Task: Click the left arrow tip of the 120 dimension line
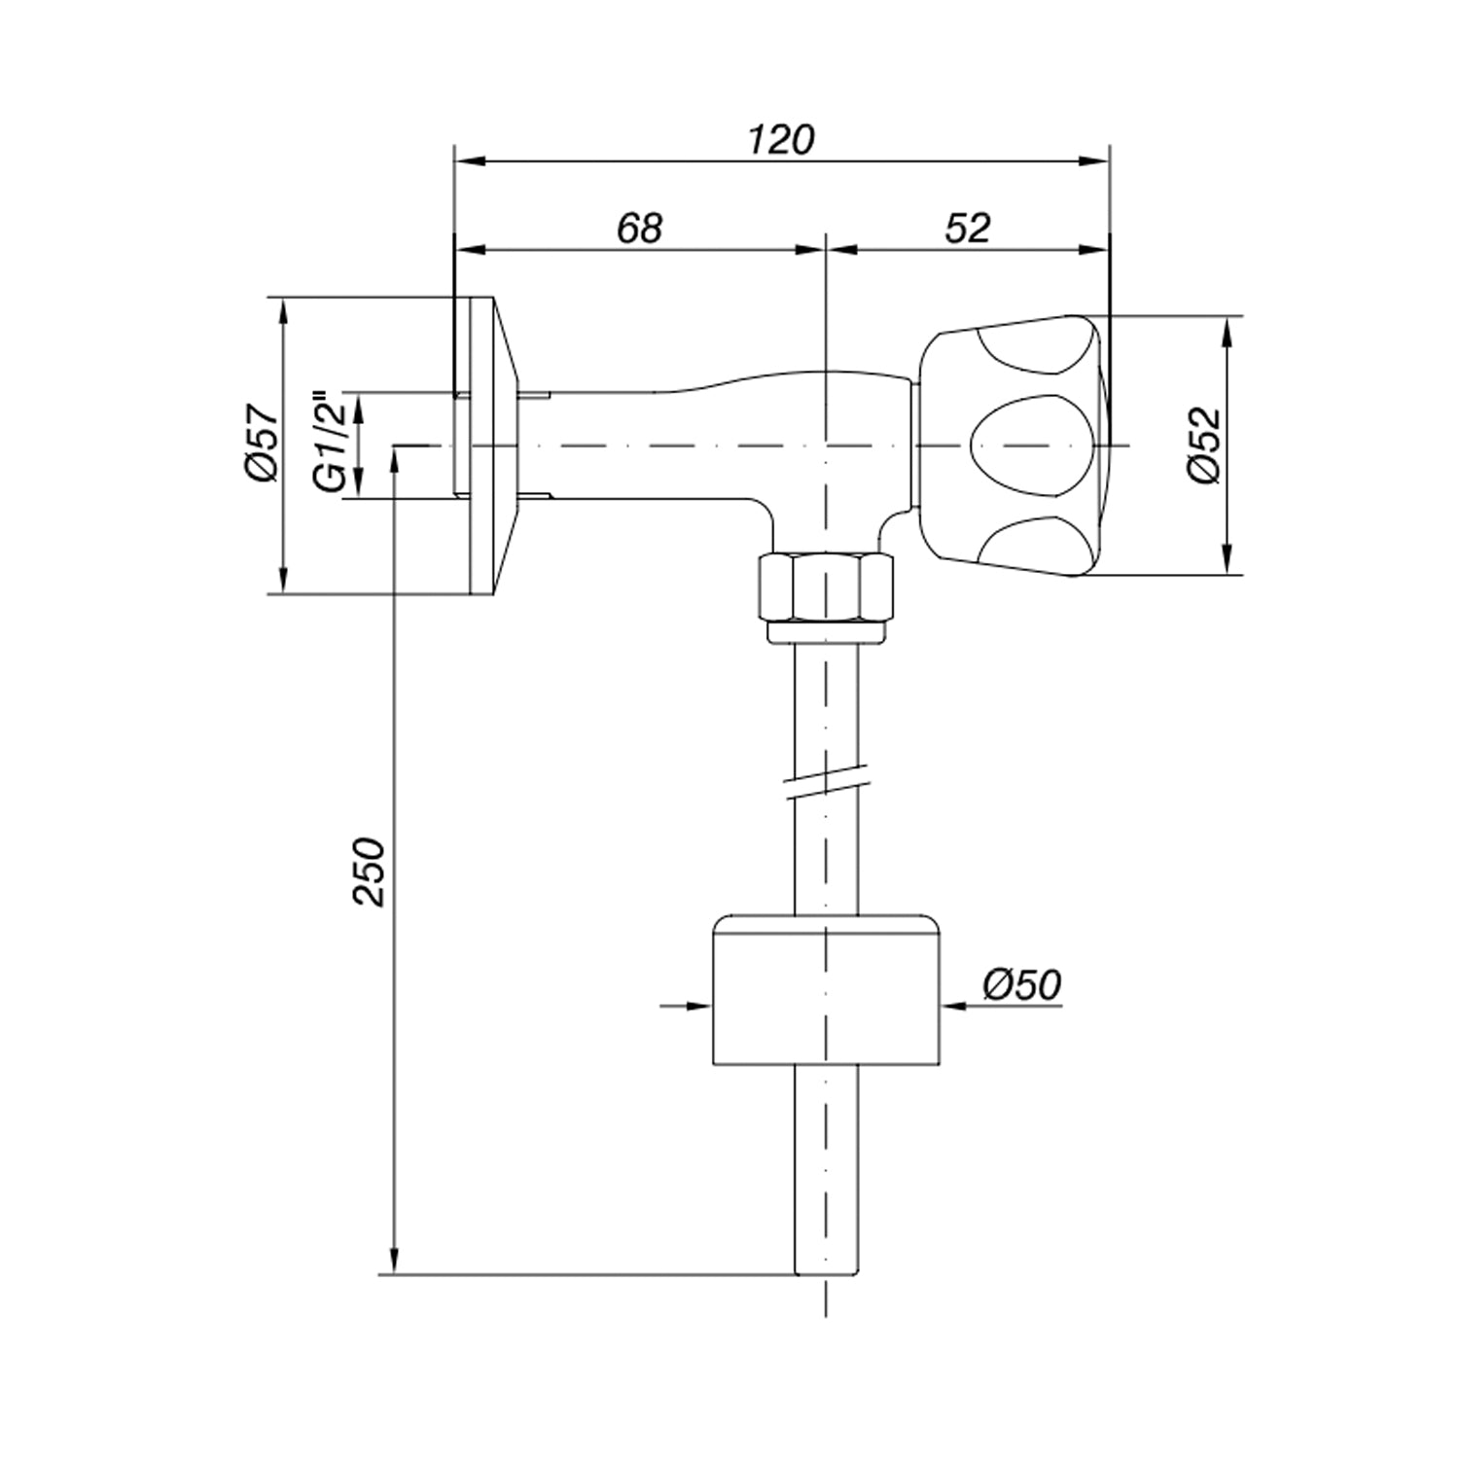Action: pyautogui.click(x=455, y=161)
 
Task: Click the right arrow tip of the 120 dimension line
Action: pyautogui.click(x=1109, y=161)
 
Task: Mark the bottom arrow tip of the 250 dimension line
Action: pyautogui.click(x=394, y=1273)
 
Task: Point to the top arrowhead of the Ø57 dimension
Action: pyautogui.click(x=283, y=298)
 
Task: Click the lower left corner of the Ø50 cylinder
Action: pyautogui.click(x=713, y=1064)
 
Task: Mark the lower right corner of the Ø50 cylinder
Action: pyautogui.click(x=941, y=1064)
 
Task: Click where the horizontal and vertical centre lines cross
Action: pyautogui.click(x=825, y=445)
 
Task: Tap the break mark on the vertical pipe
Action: pyautogui.click(x=827, y=783)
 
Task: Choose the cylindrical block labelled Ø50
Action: pyautogui.click(x=827, y=989)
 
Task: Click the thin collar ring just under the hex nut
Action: pyautogui.click(x=825, y=632)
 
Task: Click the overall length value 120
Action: pyautogui.click(x=781, y=140)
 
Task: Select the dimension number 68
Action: pyautogui.click(x=640, y=228)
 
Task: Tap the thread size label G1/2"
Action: pyautogui.click(x=332, y=443)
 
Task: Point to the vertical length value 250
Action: pyautogui.click(x=370, y=871)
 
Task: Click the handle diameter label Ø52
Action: pyautogui.click(x=1203, y=445)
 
